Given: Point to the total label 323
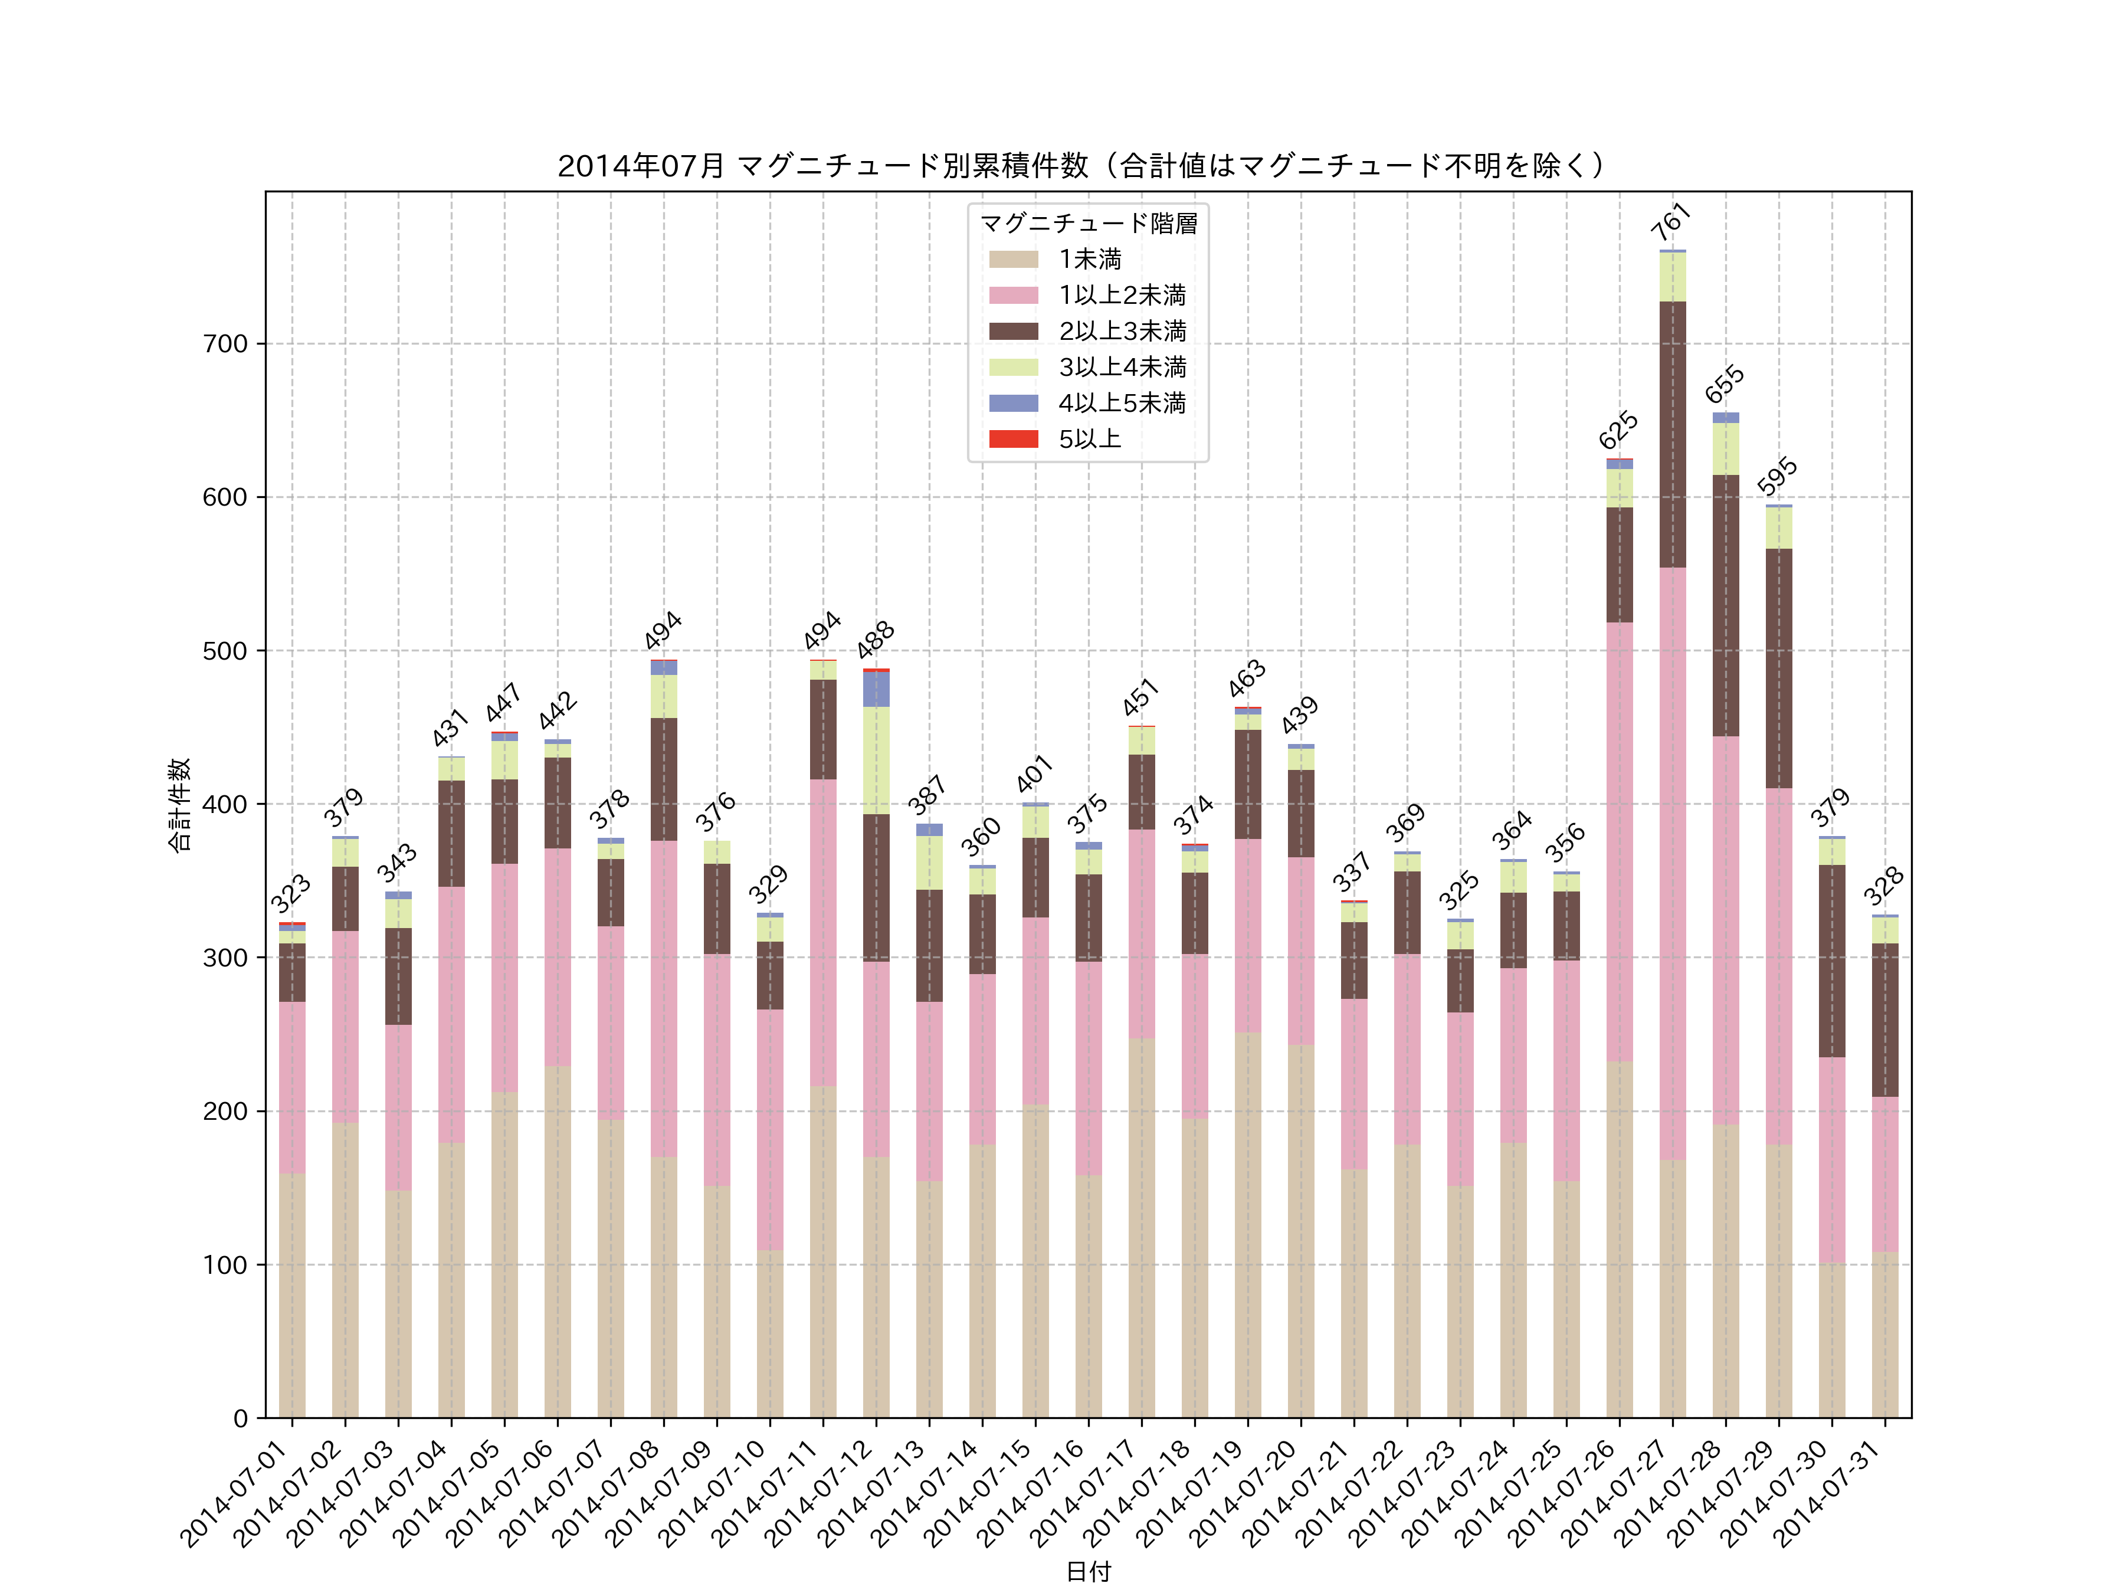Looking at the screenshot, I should point(290,894).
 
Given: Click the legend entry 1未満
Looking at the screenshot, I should point(1089,259).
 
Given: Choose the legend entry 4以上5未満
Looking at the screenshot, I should point(1122,404).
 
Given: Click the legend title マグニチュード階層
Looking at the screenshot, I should point(1088,224).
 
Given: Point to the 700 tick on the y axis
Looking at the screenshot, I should point(225,344).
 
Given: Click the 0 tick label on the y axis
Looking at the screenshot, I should point(240,1418).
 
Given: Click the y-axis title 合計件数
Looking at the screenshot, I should point(179,805).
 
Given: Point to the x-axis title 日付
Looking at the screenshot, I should point(1088,1571).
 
